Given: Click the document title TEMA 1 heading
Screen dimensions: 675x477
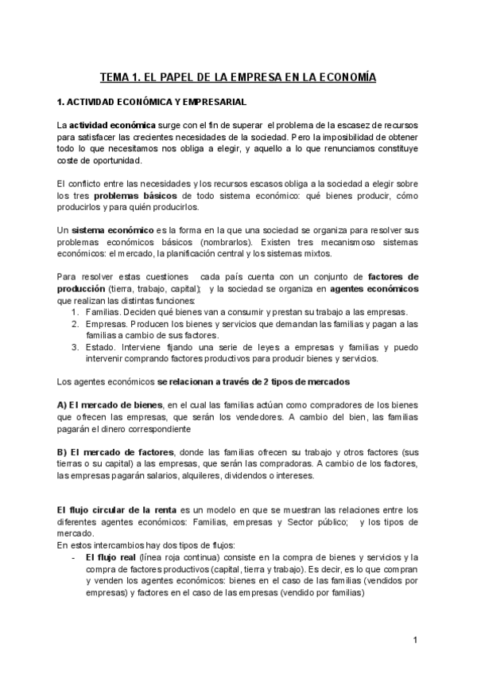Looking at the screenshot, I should click(238, 77).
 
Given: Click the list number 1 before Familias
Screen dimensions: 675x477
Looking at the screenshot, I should click(75, 312).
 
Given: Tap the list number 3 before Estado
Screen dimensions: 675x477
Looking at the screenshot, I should click(75, 347).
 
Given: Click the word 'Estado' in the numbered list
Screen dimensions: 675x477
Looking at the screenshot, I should click(99, 347).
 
